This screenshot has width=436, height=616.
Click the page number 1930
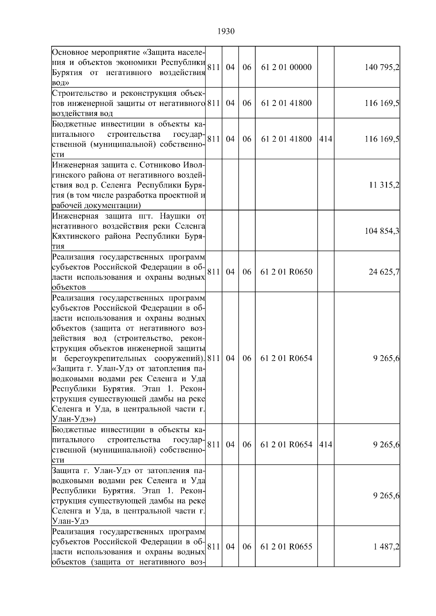(x=226, y=32)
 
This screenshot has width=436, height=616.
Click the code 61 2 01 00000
(x=286, y=67)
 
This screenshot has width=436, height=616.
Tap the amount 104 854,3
(x=382, y=231)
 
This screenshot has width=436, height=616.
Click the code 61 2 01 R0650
(x=286, y=272)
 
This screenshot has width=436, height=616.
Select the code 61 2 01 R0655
(x=286, y=547)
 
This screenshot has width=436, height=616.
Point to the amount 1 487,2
(x=386, y=547)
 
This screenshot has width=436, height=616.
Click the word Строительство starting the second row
(x=79, y=93)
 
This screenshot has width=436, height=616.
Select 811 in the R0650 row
(x=213, y=272)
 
